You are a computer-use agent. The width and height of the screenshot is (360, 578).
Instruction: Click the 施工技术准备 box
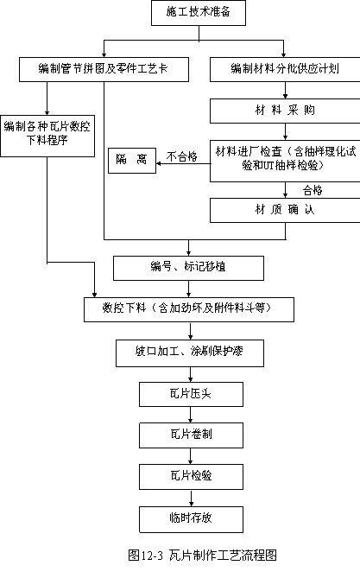(x=199, y=13)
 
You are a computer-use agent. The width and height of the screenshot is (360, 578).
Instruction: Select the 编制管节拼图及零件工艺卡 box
(x=104, y=69)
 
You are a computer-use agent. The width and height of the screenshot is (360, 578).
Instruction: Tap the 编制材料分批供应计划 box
(x=285, y=69)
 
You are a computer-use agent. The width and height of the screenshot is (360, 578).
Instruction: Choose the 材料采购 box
(x=285, y=111)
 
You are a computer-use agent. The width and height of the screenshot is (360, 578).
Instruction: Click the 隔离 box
(x=132, y=161)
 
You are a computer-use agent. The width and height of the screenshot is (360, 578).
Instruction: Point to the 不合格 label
(x=182, y=156)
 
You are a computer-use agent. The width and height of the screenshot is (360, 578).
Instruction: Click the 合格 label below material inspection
(x=313, y=190)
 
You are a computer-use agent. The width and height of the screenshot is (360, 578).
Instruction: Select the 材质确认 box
(x=285, y=210)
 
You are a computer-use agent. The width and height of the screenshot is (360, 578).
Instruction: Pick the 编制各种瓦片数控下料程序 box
(x=47, y=136)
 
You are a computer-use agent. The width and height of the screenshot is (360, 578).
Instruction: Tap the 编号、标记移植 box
(x=188, y=268)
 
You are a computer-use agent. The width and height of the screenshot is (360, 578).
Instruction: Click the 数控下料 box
(x=189, y=309)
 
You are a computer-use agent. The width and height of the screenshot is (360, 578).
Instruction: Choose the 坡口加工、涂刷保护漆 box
(x=190, y=353)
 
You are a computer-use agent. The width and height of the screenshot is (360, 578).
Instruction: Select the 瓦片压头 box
(x=191, y=395)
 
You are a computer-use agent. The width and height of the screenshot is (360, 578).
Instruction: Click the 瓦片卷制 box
(x=191, y=435)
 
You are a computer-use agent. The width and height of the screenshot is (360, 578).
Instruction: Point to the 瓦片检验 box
(x=191, y=477)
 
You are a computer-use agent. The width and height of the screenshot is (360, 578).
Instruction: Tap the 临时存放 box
(x=191, y=519)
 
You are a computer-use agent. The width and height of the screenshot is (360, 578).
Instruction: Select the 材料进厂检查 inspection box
(x=285, y=161)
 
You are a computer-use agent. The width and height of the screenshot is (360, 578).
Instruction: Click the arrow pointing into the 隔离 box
(x=183, y=163)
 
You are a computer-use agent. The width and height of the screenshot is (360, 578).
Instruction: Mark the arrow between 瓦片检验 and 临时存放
(x=191, y=498)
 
